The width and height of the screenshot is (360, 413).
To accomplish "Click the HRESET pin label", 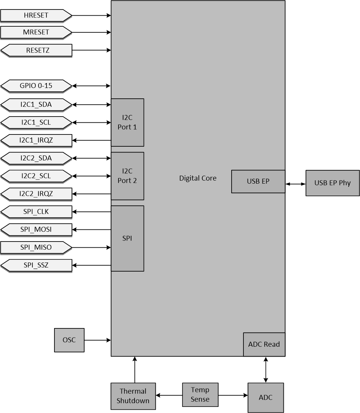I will tap(36, 16).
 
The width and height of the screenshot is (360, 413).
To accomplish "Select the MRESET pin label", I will tap(36, 32).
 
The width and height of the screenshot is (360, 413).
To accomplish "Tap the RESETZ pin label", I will tap(37, 50).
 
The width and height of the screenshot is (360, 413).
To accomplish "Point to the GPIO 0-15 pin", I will tap(36, 86).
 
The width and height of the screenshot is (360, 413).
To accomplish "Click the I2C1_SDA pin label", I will tap(36, 104).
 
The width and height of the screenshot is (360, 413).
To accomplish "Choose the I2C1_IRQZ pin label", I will tap(36, 141).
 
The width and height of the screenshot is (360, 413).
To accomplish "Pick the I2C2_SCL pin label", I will tap(36, 176).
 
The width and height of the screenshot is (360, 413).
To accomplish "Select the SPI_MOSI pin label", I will tap(36, 230).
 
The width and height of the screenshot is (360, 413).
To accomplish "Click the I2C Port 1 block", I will tap(127, 122).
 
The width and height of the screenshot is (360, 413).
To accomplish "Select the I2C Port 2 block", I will tap(127, 176).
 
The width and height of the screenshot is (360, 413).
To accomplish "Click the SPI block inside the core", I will tap(127, 239).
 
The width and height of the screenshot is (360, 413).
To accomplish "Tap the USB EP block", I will tap(258, 181).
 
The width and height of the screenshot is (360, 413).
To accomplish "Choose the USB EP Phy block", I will tap(332, 183).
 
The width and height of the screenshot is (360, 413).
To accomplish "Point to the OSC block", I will tap(69, 340).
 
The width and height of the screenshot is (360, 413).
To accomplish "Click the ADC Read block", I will tap(264, 344).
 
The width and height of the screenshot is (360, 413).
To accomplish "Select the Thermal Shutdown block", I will tap(133, 396).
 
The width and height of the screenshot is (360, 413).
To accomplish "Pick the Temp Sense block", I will tap(200, 395).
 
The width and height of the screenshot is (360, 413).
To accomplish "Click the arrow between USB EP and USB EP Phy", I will tap(295, 184).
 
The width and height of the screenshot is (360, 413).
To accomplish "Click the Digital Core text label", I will tap(198, 178).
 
